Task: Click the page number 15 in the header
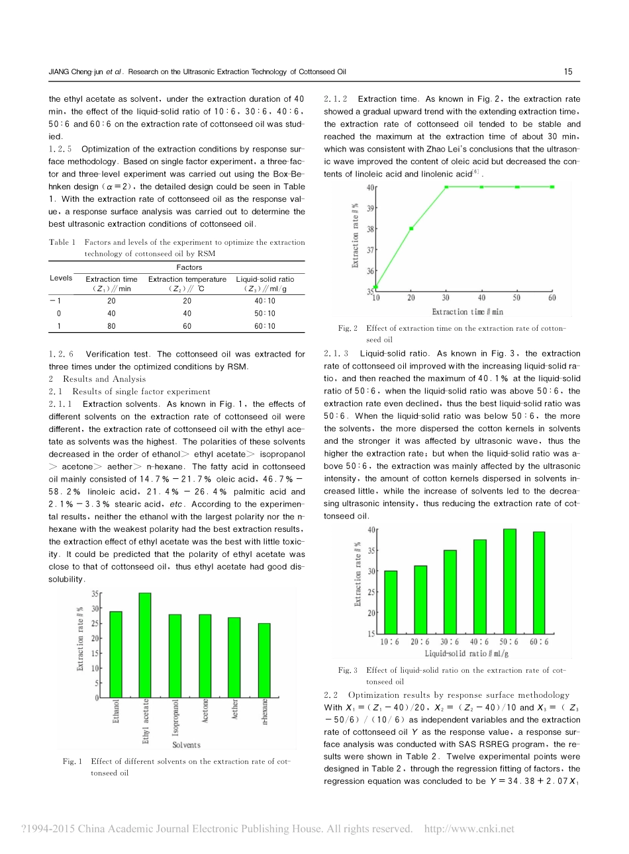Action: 568,71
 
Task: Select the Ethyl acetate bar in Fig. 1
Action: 145,645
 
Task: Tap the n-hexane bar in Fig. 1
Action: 264,660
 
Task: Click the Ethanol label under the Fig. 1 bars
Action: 117,711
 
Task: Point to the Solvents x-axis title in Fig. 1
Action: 186,745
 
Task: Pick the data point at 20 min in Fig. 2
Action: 411,229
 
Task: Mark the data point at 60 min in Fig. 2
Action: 552,187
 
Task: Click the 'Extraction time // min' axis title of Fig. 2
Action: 467,312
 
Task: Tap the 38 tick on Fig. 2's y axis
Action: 370,229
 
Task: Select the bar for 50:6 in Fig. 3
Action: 509,581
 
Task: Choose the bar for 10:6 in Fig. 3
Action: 391,602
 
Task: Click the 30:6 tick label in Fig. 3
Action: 449,642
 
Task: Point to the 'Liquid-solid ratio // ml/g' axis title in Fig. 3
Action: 466,654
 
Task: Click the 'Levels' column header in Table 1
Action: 61,278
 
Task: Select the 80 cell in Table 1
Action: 111,326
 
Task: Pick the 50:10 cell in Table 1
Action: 265,314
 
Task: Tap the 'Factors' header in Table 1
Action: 189,267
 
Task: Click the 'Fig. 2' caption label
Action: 348,328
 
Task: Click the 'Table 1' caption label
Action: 62,242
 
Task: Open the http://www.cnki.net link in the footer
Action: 469,829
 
